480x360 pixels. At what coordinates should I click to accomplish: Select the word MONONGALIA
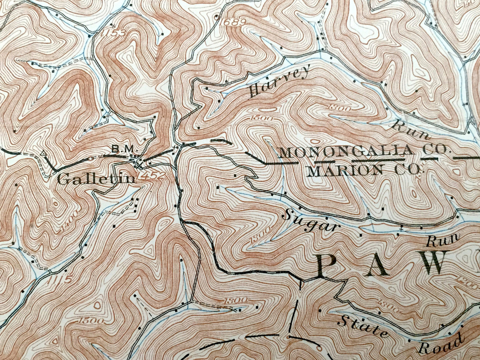345,152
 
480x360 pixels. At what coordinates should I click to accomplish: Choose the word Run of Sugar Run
443,240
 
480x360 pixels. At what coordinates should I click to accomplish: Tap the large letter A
379,266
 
